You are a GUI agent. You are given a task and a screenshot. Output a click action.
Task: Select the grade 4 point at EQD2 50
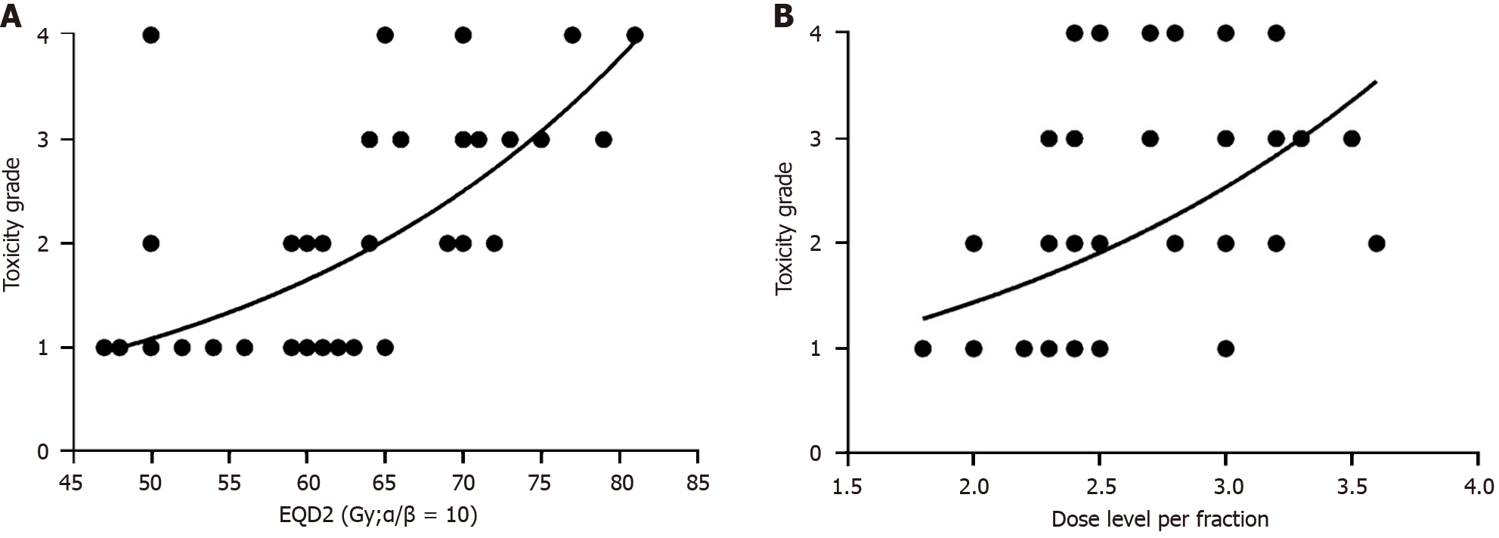151,35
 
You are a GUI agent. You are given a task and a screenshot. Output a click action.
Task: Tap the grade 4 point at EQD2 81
635,35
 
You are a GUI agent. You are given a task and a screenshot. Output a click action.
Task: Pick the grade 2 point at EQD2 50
151,243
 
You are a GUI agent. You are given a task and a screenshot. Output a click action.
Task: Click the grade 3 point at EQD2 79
603,139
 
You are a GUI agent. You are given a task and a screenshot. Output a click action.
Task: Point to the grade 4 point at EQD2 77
572,35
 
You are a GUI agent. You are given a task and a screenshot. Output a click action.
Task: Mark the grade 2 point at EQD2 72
494,243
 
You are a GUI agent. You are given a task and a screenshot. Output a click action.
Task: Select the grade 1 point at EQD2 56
244,348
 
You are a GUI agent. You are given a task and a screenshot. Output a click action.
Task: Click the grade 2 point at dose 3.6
1377,243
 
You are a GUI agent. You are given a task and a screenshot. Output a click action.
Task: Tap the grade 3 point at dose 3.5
1352,139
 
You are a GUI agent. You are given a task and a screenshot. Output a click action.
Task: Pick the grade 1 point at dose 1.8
923,348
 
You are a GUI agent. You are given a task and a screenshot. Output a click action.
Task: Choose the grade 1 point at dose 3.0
1225,348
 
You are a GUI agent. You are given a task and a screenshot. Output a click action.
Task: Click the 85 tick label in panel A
698,481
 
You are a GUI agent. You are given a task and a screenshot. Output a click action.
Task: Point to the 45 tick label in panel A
73,481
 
